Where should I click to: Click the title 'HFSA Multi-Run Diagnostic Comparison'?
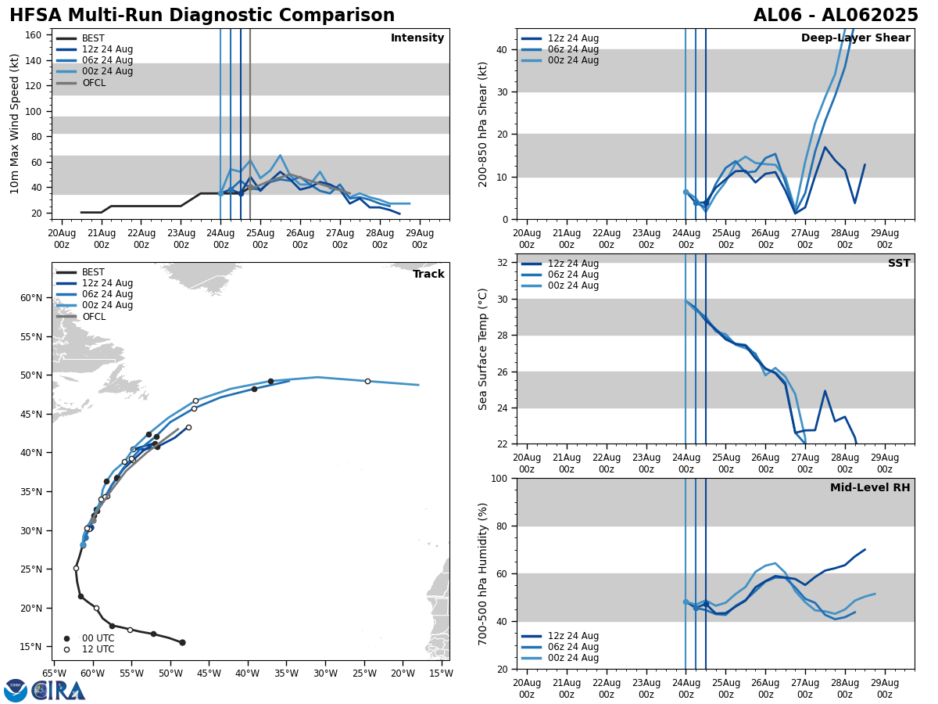[x=202, y=16]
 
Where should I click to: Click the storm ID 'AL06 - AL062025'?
[x=836, y=16]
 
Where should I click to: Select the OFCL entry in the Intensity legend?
[x=94, y=83]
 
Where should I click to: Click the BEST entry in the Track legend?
[x=93, y=272]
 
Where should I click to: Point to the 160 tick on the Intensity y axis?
[x=34, y=35]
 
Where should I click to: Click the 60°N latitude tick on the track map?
[x=31, y=298]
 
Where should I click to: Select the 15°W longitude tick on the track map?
[x=441, y=673]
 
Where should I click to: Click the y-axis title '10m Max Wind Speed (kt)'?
[x=15, y=124]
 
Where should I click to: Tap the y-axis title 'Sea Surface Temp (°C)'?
[x=483, y=349]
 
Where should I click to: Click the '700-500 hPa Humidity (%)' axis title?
[x=483, y=573]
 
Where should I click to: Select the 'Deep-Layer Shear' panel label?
[x=855, y=38]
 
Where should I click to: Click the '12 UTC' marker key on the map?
[x=97, y=649]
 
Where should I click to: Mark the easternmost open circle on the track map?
[x=367, y=381]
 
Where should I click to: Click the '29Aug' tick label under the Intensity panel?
[x=420, y=239]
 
